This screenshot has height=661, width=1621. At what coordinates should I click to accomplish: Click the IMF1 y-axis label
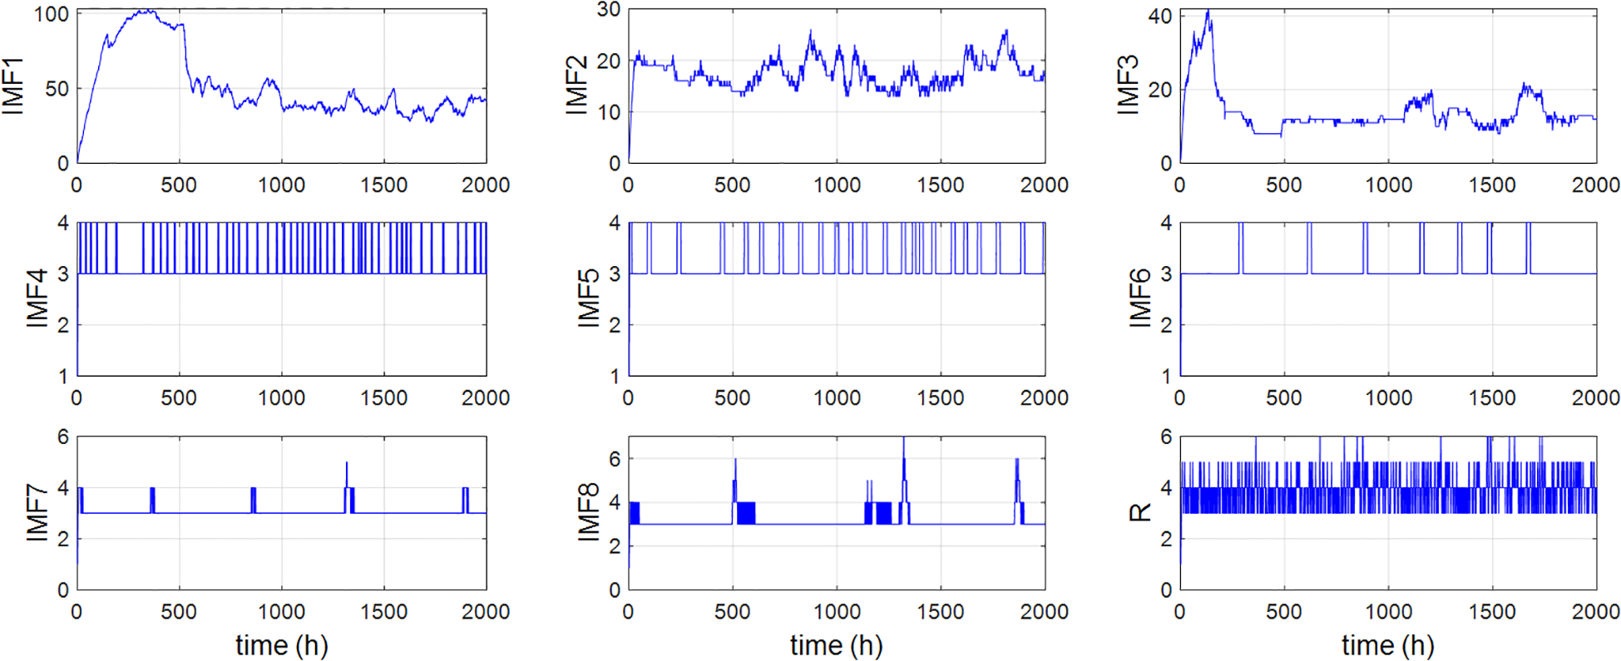coord(13,86)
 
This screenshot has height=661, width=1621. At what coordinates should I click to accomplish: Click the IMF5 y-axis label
coord(588,298)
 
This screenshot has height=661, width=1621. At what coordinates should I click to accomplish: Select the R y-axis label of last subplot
coord(1139,512)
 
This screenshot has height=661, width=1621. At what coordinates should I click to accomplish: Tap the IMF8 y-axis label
coord(588,513)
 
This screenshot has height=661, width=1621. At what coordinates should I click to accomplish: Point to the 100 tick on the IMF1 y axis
coord(52,15)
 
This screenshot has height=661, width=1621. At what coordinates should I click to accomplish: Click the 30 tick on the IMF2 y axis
coord(609,10)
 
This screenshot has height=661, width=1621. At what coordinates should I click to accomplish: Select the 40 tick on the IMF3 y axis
coord(1159,17)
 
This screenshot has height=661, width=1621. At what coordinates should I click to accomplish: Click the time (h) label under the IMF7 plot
coord(281,644)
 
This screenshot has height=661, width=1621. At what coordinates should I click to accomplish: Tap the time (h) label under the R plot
coord(1387,644)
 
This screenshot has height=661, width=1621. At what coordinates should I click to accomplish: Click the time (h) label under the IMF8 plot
coord(836,644)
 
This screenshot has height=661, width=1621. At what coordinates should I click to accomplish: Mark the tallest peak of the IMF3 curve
coord(1208,12)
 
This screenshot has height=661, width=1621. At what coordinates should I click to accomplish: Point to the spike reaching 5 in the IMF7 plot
coord(347,464)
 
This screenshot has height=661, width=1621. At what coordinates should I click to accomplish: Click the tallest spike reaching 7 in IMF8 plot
coord(903,439)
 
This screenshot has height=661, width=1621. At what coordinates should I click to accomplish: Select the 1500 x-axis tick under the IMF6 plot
coord(1491,397)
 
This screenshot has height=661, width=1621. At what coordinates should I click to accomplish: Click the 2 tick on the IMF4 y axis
coord(62,325)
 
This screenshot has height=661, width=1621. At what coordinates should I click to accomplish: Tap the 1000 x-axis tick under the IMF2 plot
coord(836,185)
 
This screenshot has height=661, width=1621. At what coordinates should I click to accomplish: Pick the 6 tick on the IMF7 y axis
coord(62,437)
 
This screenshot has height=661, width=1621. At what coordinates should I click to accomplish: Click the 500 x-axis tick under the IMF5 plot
coord(732,397)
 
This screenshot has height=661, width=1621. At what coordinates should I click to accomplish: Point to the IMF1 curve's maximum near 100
coord(146,12)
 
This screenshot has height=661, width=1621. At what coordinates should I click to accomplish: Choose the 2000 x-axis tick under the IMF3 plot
coord(1595,185)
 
